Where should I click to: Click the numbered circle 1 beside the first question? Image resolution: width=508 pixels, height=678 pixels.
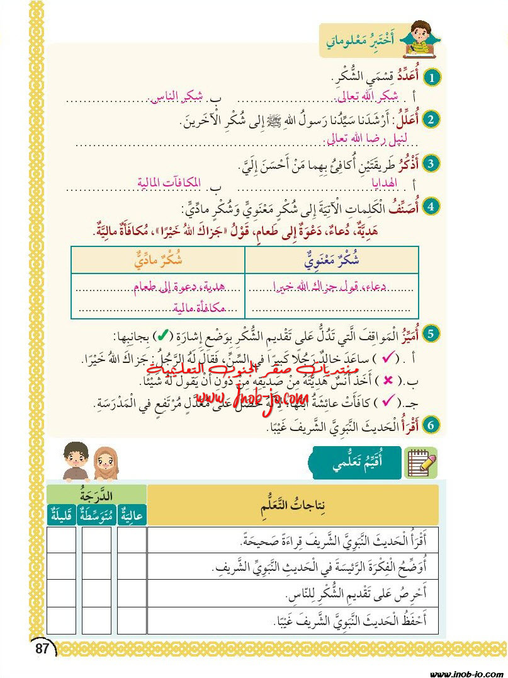click(432, 78)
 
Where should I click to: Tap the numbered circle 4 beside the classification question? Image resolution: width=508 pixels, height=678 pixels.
click(432, 206)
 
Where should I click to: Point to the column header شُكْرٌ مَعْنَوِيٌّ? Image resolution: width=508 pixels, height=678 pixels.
click(332, 259)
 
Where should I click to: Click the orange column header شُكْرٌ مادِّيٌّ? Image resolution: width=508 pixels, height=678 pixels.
click(157, 259)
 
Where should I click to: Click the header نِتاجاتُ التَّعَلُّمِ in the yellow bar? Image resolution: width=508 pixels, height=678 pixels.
click(292, 507)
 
